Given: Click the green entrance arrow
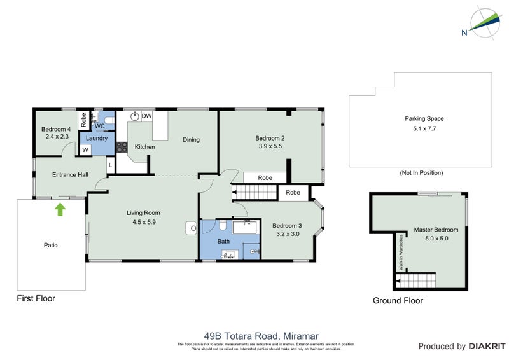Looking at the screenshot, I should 60,209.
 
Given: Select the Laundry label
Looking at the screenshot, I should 97,138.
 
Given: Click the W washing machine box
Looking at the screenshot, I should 85,150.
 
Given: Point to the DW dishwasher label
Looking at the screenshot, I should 146,116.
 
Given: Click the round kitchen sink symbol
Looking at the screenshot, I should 135,116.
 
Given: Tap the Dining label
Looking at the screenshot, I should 191,140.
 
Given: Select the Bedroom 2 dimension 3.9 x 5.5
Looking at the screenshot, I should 268,146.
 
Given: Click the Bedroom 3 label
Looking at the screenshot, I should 286,225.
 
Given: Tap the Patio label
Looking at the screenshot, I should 51,244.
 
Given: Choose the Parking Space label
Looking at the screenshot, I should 424,118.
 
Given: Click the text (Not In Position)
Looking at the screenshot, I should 421,173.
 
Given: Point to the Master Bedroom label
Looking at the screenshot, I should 436,230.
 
